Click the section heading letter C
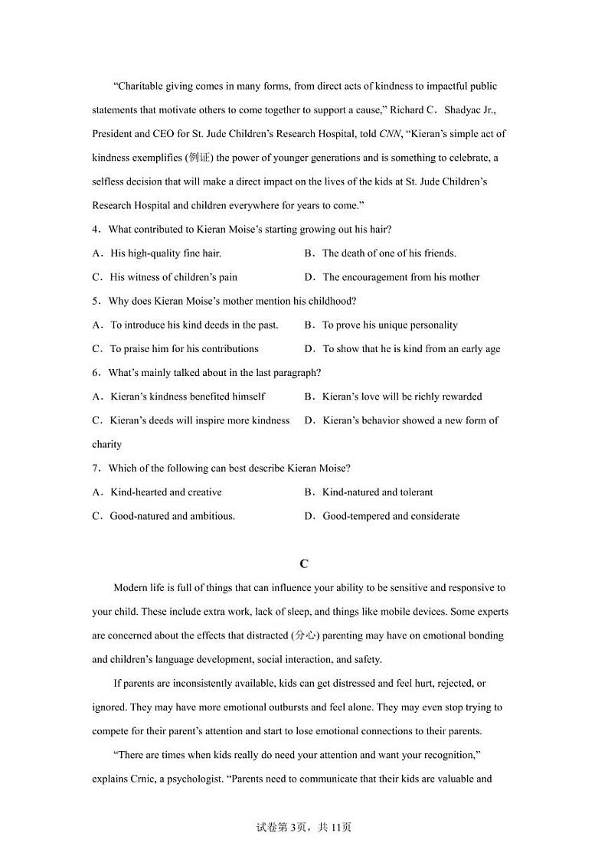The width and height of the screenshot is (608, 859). pyautogui.click(x=304, y=563)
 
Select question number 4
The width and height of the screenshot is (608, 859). pyautogui.click(x=96, y=230)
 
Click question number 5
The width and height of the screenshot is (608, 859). pyautogui.click(x=96, y=301)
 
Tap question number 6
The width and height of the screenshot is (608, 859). pyautogui.click(x=96, y=373)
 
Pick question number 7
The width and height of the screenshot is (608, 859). pyautogui.click(x=96, y=468)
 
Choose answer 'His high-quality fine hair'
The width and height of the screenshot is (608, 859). pyautogui.click(x=165, y=253)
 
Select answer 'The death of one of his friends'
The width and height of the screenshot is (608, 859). pyautogui.click(x=389, y=253)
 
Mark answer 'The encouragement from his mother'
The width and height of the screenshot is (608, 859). pyautogui.click(x=400, y=277)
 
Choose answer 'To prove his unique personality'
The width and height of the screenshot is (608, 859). pyautogui.click(x=390, y=325)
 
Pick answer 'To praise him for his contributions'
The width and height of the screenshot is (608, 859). pyautogui.click(x=184, y=348)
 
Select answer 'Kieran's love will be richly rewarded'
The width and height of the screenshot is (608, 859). pyautogui.click(x=402, y=397)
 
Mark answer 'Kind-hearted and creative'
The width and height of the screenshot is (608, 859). pyautogui.click(x=166, y=492)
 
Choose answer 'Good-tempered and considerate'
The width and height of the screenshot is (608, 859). pyautogui.click(x=391, y=516)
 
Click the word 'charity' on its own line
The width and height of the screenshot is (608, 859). pyautogui.click(x=106, y=444)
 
